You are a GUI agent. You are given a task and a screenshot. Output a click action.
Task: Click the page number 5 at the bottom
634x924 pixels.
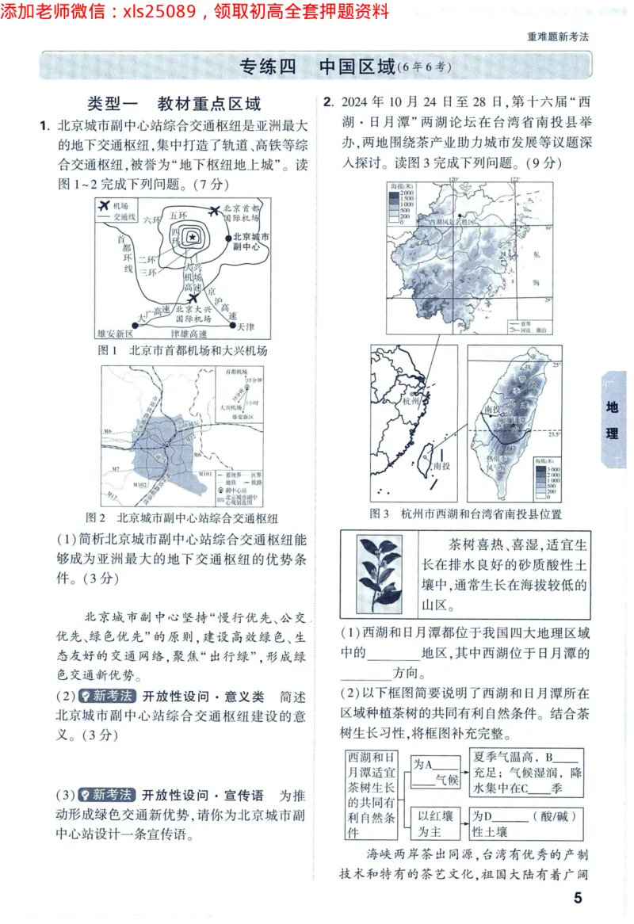(578, 897)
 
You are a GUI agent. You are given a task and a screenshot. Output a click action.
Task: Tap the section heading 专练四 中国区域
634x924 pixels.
(317, 67)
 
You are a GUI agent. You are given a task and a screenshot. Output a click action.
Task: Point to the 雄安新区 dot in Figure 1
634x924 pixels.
(128, 326)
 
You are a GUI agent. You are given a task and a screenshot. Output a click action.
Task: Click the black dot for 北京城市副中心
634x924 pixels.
(227, 237)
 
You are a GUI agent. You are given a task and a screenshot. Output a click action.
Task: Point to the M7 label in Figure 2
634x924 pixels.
(116, 469)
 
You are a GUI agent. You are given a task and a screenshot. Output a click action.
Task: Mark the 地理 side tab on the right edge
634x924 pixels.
(613, 420)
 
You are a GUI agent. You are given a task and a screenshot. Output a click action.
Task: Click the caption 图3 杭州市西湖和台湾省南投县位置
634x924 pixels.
(466, 514)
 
